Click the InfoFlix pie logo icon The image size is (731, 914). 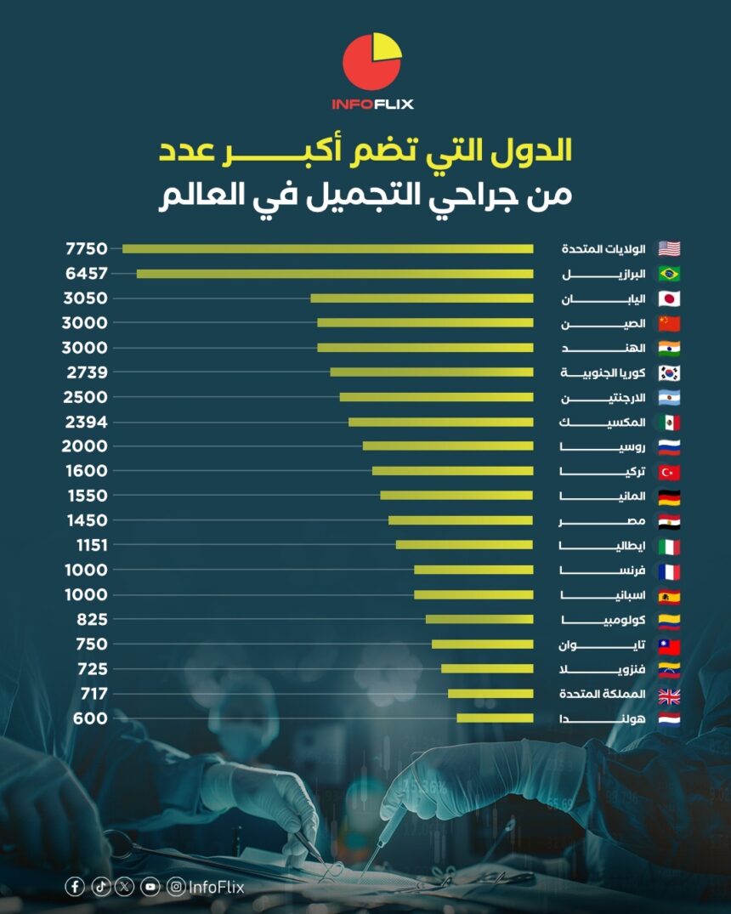[x=371, y=62]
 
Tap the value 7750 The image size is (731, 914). [x=86, y=249]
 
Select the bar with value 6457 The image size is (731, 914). [x=335, y=274]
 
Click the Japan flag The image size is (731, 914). [x=669, y=298]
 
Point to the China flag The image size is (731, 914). [x=669, y=323]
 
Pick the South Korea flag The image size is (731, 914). [x=669, y=372]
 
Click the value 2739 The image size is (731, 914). [x=86, y=372]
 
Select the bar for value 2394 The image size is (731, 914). [x=440, y=422]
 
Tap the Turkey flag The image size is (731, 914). [x=669, y=471]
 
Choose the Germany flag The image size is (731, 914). [x=669, y=496]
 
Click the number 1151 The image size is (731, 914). [x=86, y=545]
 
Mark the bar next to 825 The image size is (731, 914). [x=479, y=619]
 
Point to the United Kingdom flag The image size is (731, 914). [x=669, y=694]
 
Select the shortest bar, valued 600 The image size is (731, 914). [x=495, y=718]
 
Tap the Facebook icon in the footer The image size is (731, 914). [x=75, y=887]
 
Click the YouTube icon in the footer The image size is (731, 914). [x=150, y=887]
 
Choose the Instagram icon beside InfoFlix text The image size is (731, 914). [x=176, y=887]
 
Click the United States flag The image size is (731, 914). [x=669, y=249]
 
